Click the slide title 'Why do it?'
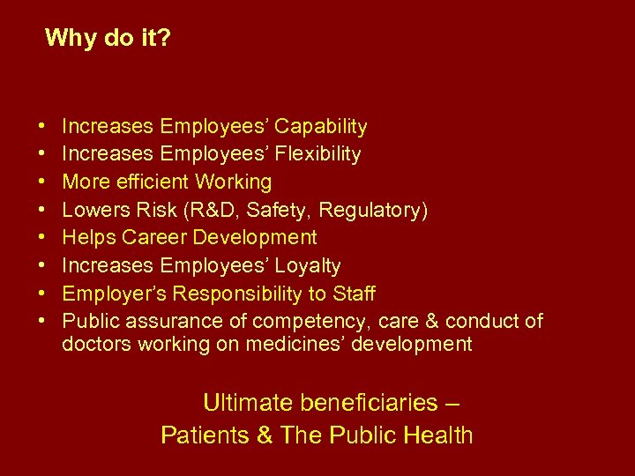coord(108,38)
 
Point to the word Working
coord(234,182)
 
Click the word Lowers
coord(93,210)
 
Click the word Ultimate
coord(248,403)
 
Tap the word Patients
coord(199,435)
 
